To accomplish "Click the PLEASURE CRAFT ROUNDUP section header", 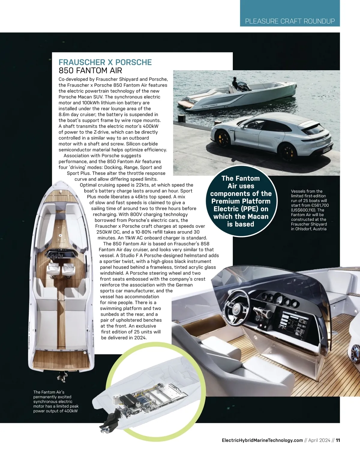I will (290, 21).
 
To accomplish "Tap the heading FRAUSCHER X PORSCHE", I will (105, 62).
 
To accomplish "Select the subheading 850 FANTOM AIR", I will (90, 71).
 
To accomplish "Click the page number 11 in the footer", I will (338, 440).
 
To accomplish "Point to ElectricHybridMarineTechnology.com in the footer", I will (262, 440).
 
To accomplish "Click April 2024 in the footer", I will (319, 440).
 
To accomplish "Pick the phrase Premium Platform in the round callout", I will (241, 201).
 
